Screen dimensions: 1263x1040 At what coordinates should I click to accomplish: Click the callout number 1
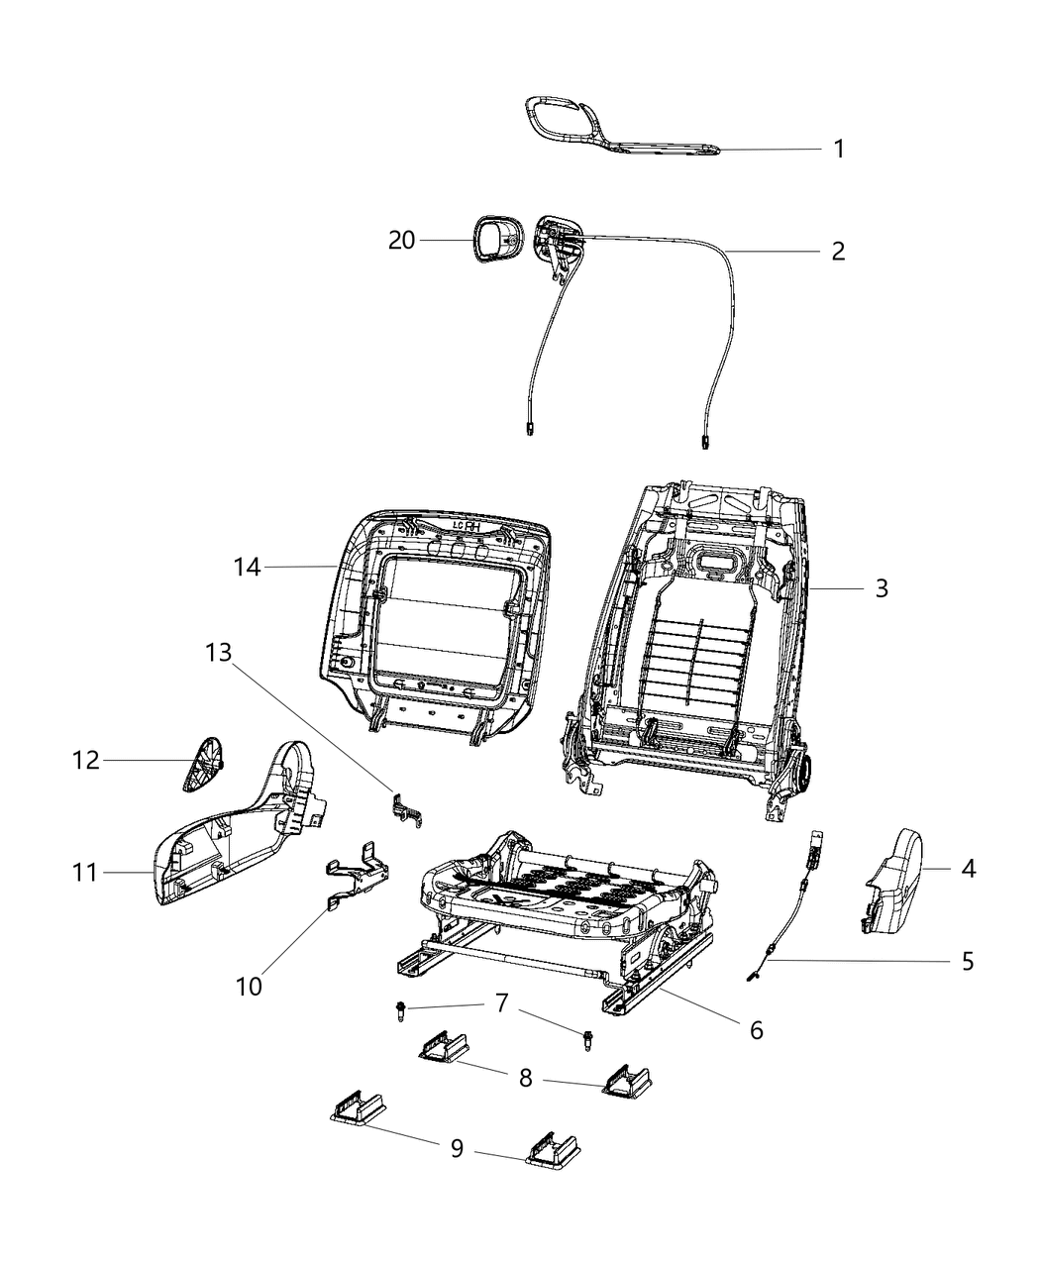pyautogui.click(x=838, y=150)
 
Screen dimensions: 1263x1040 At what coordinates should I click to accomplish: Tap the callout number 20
pyautogui.click(x=401, y=240)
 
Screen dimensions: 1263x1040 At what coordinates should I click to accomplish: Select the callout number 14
pyautogui.click(x=247, y=567)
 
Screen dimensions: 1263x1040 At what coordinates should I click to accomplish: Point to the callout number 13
pyautogui.click(x=218, y=652)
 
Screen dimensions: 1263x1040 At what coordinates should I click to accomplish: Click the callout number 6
pyautogui.click(x=756, y=1030)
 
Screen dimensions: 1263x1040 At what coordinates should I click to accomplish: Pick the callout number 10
pyautogui.click(x=250, y=987)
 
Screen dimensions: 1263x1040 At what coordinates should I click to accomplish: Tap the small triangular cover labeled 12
pyautogui.click(x=204, y=764)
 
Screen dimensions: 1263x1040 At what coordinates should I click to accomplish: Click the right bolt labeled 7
pyautogui.click(x=588, y=1038)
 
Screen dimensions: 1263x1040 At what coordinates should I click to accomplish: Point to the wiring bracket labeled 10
pyautogui.click(x=359, y=876)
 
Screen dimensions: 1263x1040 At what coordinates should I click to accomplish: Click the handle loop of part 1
pyautogui.click(x=560, y=118)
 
